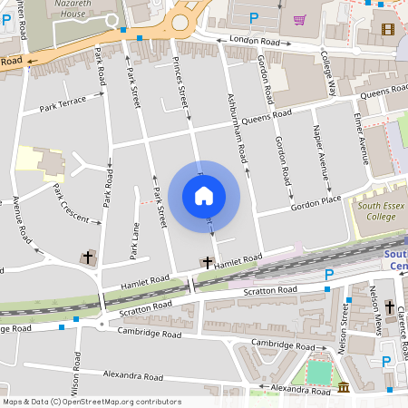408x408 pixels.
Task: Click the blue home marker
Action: (x=203, y=196)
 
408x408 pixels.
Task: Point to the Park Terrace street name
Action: (x=63, y=104)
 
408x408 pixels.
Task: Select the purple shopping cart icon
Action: (x=299, y=19)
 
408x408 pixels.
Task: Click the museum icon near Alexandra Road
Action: (x=344, y=388)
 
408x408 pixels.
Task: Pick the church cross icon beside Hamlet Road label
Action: (x=207, y=263)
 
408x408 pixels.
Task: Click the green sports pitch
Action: (x=319, y=372)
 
